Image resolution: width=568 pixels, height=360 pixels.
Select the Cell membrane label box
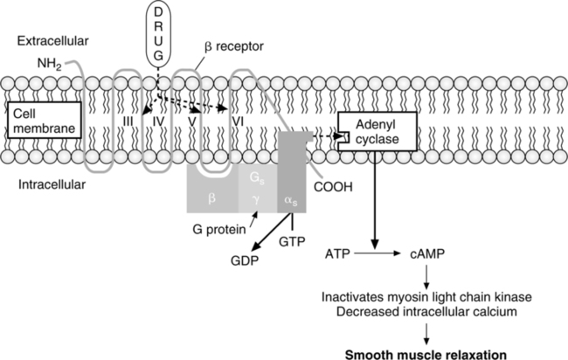[x=44, y=121]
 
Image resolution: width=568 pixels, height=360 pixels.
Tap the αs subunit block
[x=291, y=200]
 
